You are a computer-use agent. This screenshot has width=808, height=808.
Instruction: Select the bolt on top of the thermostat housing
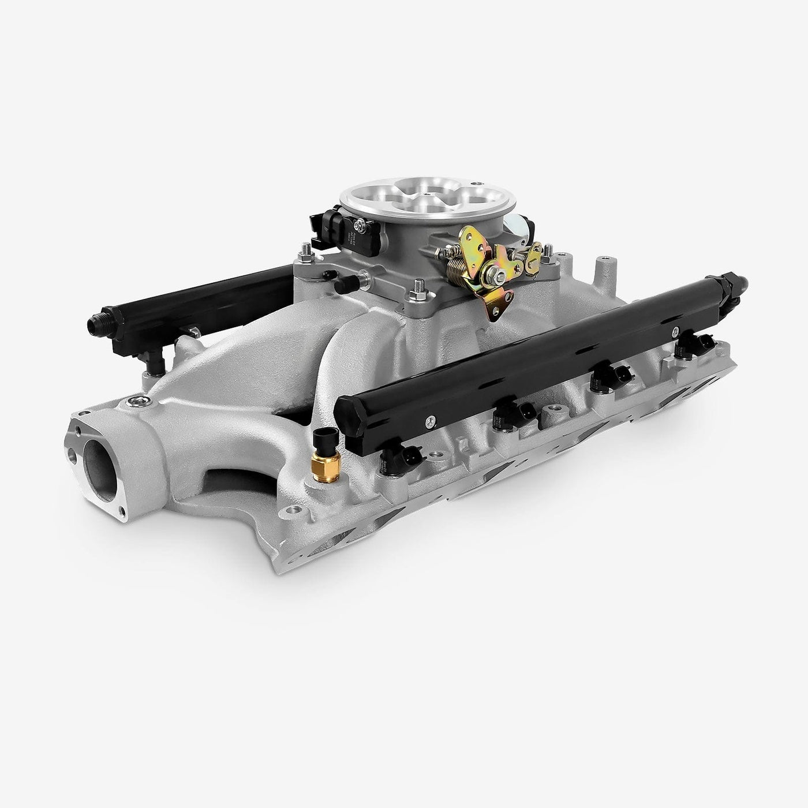click(134, 401)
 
